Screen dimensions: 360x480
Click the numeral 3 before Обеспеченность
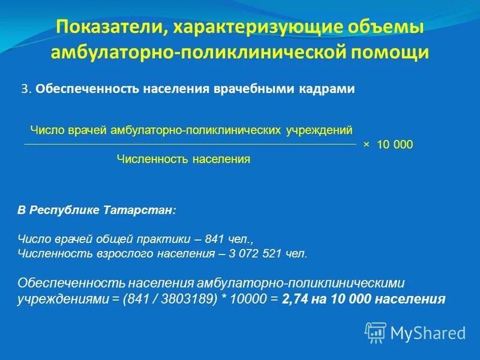click(x=25, y=89)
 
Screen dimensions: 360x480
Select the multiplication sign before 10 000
click(x=367, y=145)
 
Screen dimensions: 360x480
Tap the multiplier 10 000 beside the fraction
click(x=395, y=145)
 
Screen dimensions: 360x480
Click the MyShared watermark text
click(x=428, y=332)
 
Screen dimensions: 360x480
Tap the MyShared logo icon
click(x=375, y=332)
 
